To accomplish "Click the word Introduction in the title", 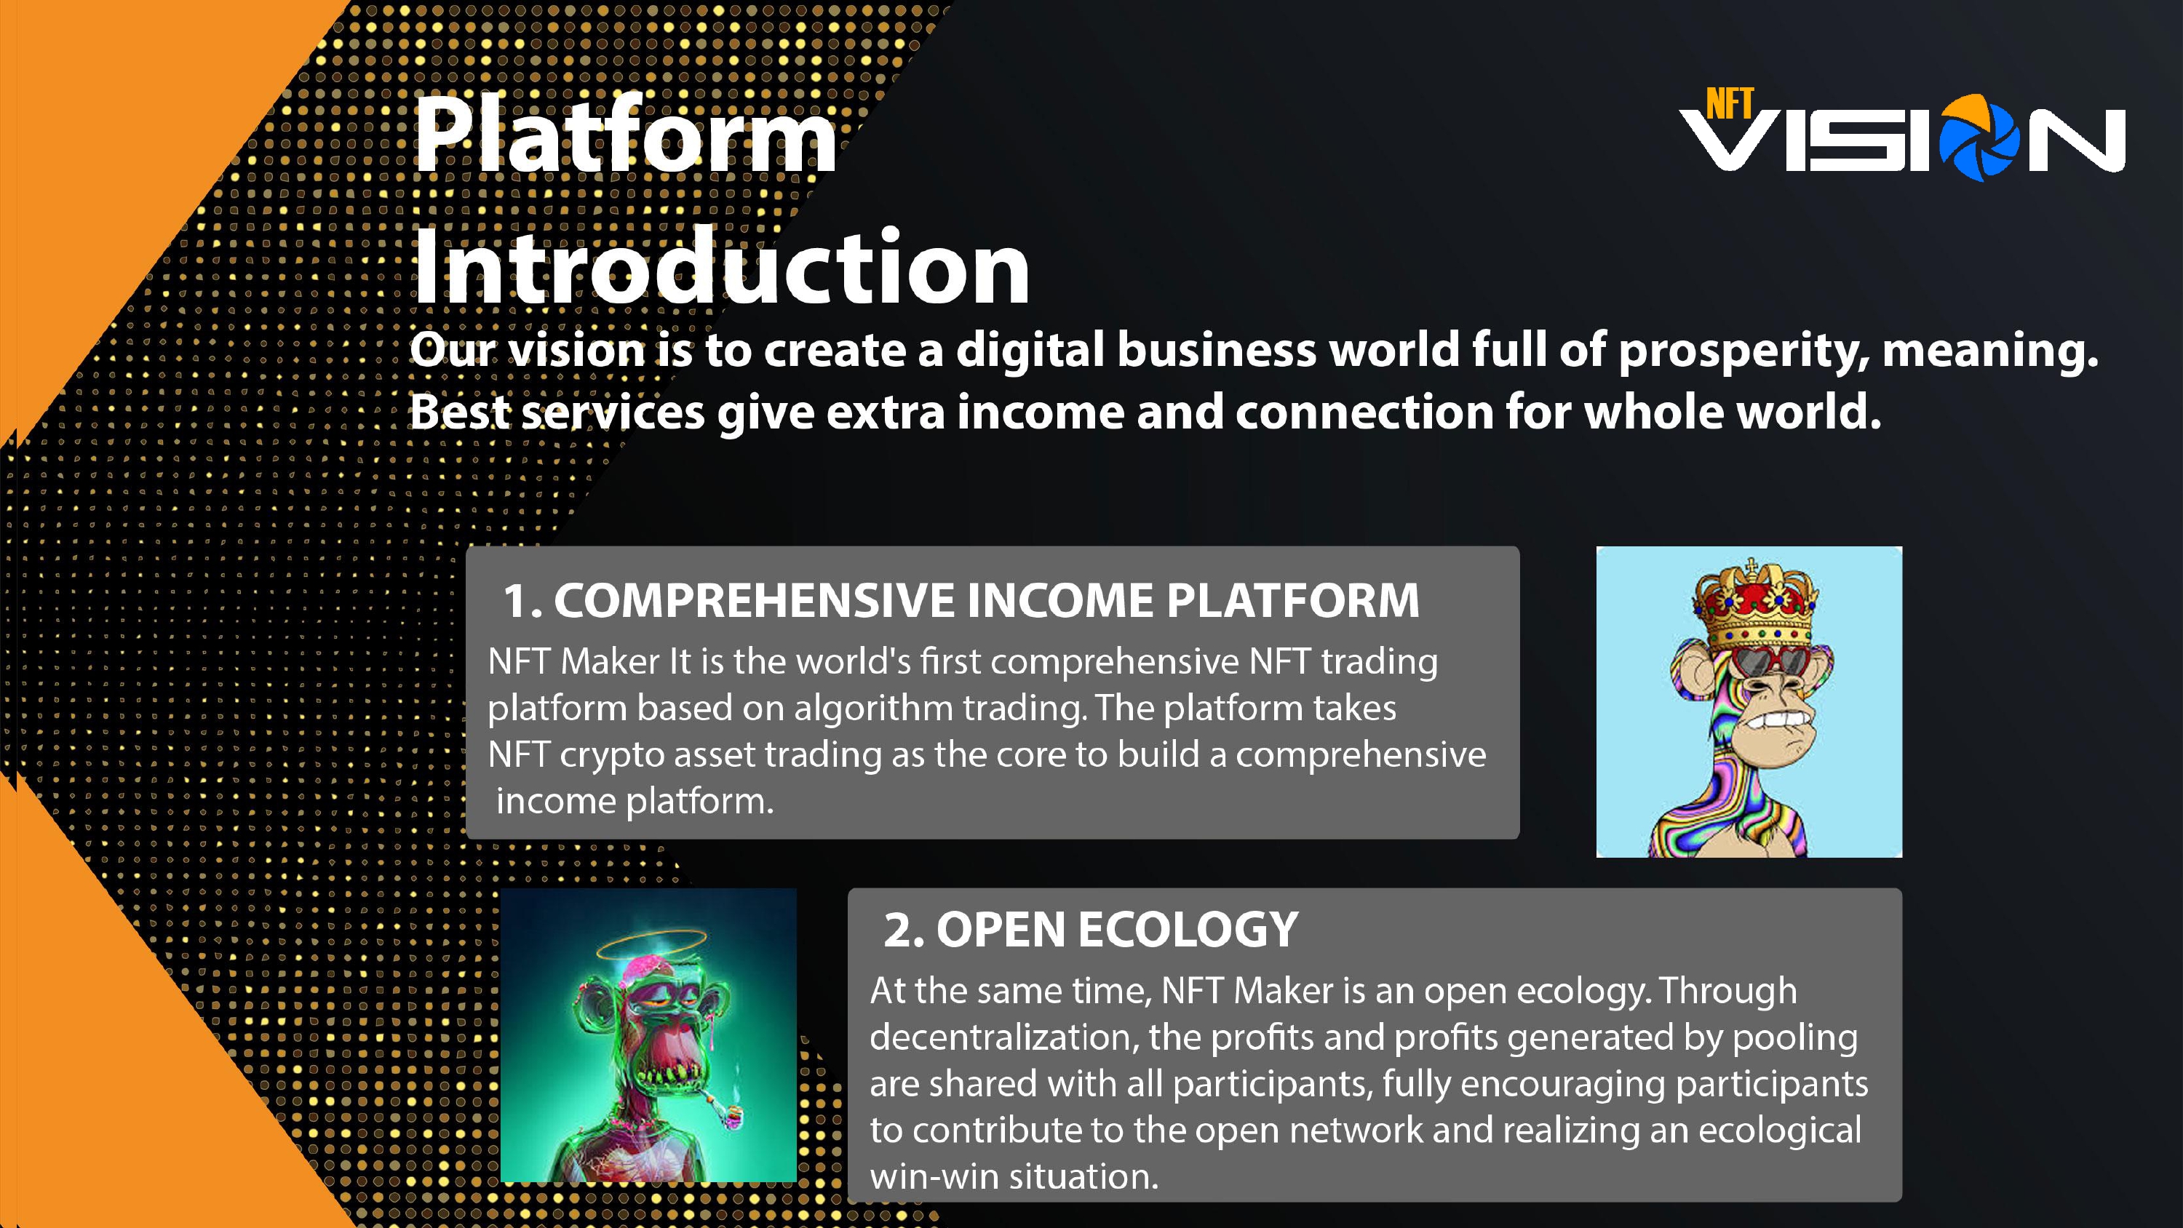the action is (721, 267).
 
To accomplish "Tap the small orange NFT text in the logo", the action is (1730, 104).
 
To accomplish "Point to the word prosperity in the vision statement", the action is (1743, 351).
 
